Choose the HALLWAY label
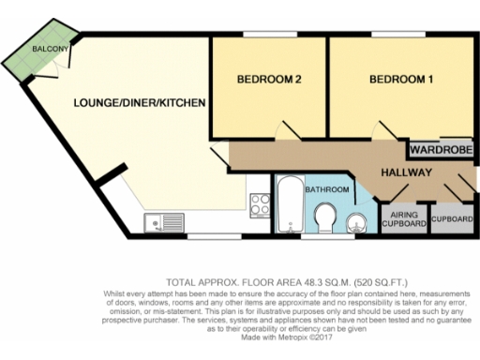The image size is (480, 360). pyautogui.click(x=405, y=172)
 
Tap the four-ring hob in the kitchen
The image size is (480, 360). pyautogui.click(x=256, y=200)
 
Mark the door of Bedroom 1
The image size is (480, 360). pyautogui.click(x=382, y=131)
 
